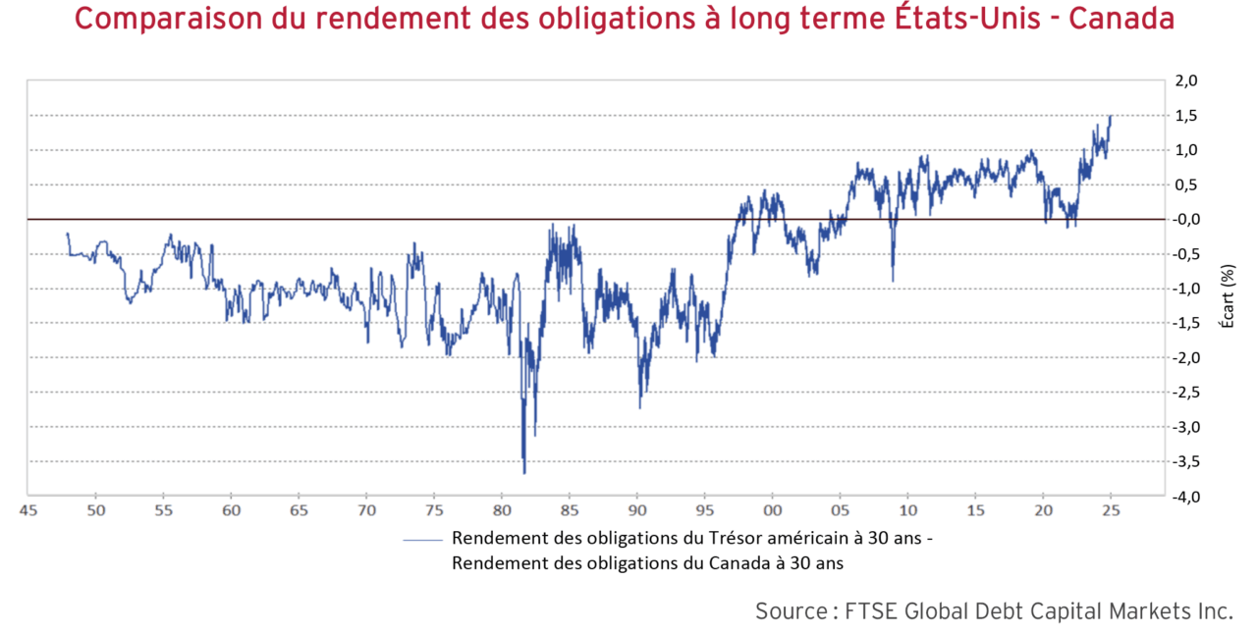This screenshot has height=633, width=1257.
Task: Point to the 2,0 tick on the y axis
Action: [x=1186, y=81]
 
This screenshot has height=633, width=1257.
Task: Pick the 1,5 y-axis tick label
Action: [x=1186, y=116]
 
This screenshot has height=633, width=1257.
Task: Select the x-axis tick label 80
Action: [x=502, y=510]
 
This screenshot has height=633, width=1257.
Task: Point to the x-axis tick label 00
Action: [x=773, y=510]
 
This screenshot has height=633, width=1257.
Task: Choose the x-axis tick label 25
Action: [x=1112, y=510]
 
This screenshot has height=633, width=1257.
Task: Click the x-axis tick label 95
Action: [x=705, y=510]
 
